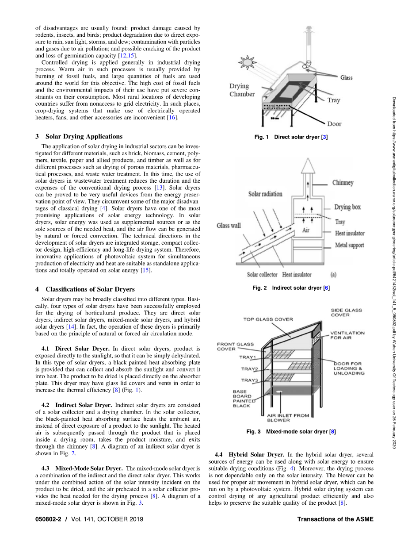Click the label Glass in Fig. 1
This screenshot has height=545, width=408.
346,78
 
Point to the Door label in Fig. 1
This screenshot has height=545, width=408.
334,124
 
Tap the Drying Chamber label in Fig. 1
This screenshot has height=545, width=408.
242,90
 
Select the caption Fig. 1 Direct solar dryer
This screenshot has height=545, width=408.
291,137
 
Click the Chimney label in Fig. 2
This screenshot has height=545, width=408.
343,183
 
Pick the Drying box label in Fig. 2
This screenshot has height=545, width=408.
347,207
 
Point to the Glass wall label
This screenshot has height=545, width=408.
229,226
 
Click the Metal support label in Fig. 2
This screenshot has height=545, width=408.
350,245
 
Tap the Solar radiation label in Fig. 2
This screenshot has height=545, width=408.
266,194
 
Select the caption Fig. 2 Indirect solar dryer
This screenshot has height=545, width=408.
291,288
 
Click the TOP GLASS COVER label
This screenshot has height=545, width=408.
268,319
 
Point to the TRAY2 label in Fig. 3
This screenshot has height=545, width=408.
249,369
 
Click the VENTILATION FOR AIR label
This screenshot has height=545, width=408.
347,335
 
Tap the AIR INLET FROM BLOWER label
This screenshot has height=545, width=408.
288,418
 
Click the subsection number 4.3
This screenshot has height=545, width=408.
47,468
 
